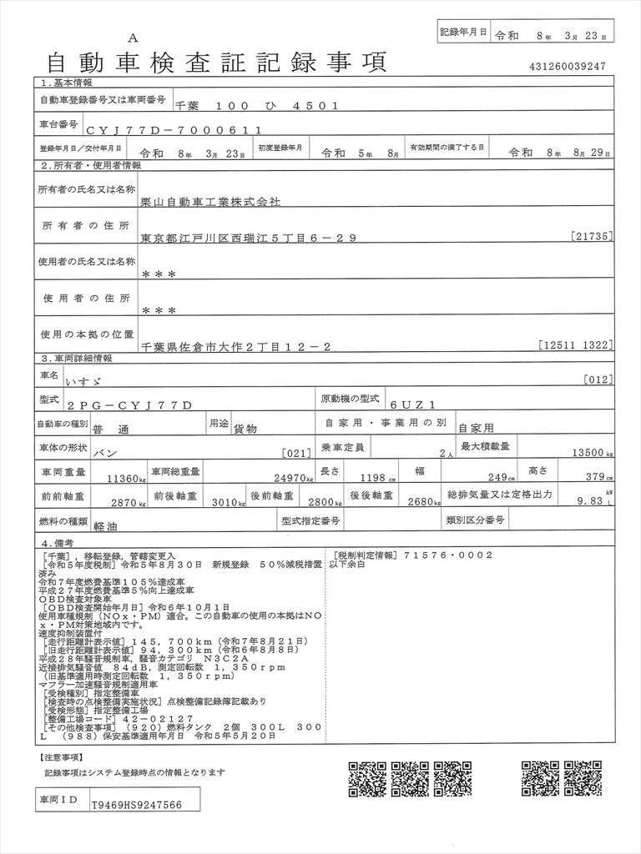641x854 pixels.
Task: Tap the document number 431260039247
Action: pos(567,67)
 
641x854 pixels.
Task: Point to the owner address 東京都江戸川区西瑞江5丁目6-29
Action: pos(249,238)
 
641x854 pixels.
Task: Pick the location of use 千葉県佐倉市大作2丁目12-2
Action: pos(239,345)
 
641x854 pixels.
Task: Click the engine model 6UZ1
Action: pos(406,404)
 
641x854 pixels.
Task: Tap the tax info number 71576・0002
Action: pos(446,555)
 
